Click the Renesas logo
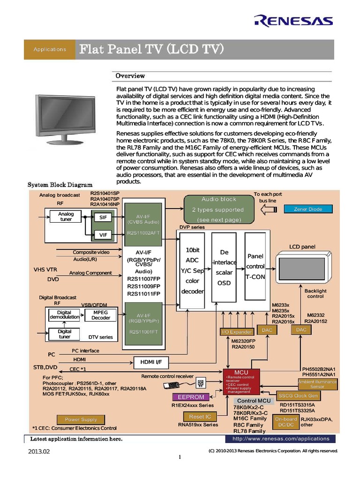[x=293, y=21]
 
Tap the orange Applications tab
[x=50, y=49]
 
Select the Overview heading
[x=130, y=76]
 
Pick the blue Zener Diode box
[x=307, y=209]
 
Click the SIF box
[x=103, y=217]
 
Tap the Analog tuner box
[x=66, y=217]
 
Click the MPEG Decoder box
[x=101, y=315]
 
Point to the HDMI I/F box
[x=151, y=362]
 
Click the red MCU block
[x=241, y=382]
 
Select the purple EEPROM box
[x=191, y=397]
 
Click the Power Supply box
[x=81, y=420]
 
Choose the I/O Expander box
[x=237, y=332]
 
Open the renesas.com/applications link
[x=280, y=439]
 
